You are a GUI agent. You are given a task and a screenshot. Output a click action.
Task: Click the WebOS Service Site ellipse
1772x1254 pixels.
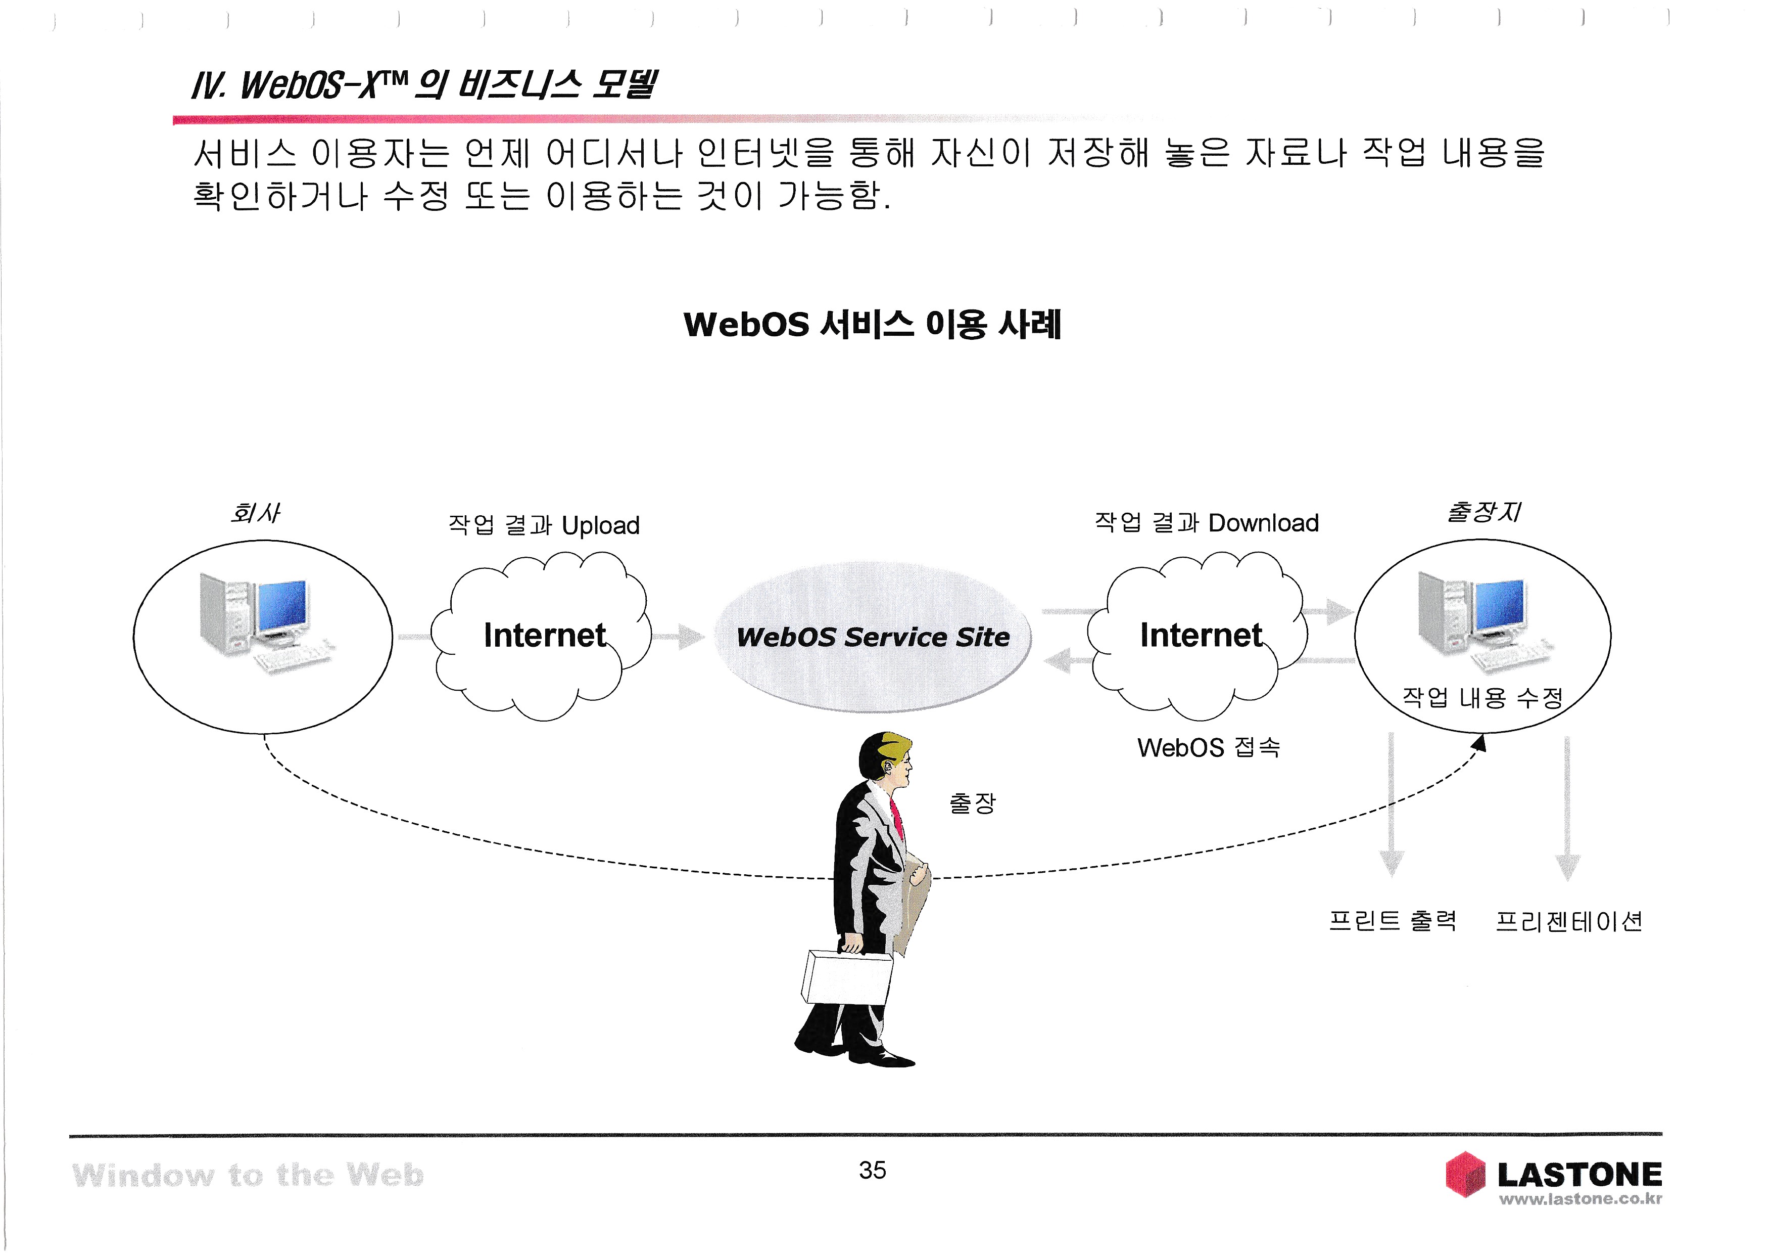click(x=873, y=637)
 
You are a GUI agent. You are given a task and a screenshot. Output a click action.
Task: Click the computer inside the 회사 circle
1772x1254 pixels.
click(x=262, y=621)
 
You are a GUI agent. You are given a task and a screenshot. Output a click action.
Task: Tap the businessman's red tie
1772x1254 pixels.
click(x=897, y=819)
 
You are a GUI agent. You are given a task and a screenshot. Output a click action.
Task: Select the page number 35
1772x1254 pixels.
click(x=872, y=1171)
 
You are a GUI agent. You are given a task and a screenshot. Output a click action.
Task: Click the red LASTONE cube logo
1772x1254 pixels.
click(x=1465, y=1175)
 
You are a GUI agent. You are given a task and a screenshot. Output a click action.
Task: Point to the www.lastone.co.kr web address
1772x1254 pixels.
click(x=1580, y=1199)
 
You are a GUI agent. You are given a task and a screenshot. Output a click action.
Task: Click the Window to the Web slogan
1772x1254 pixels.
click(x=248, y=1175)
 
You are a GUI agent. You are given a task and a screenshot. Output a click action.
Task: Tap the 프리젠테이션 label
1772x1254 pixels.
click(x=1568, y=921)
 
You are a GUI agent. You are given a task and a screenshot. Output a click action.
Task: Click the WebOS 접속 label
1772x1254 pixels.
click(x=1209, y=747)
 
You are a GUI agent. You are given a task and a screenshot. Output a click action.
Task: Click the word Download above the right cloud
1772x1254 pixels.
click(x=1263, y=523)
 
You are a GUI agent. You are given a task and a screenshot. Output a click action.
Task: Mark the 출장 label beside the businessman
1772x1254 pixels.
click(x=973, y=803)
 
